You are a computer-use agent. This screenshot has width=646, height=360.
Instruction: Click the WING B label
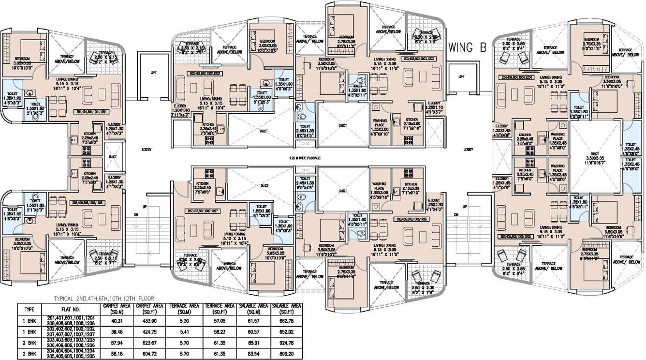(x=467, y=48)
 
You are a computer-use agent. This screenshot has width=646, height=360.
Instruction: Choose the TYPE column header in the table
(x=29, y=309)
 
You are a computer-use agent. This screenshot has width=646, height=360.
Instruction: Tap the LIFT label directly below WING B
(x=461, y=76)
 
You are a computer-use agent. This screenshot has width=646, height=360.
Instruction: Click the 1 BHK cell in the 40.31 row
(x=29, y=320)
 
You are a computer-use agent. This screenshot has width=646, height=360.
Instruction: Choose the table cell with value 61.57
(x=254, y=320)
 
